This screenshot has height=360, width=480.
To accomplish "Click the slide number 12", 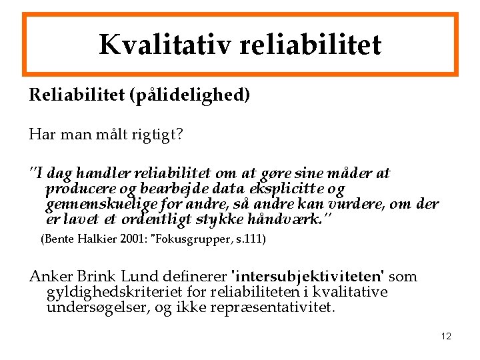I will click(446, 336).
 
